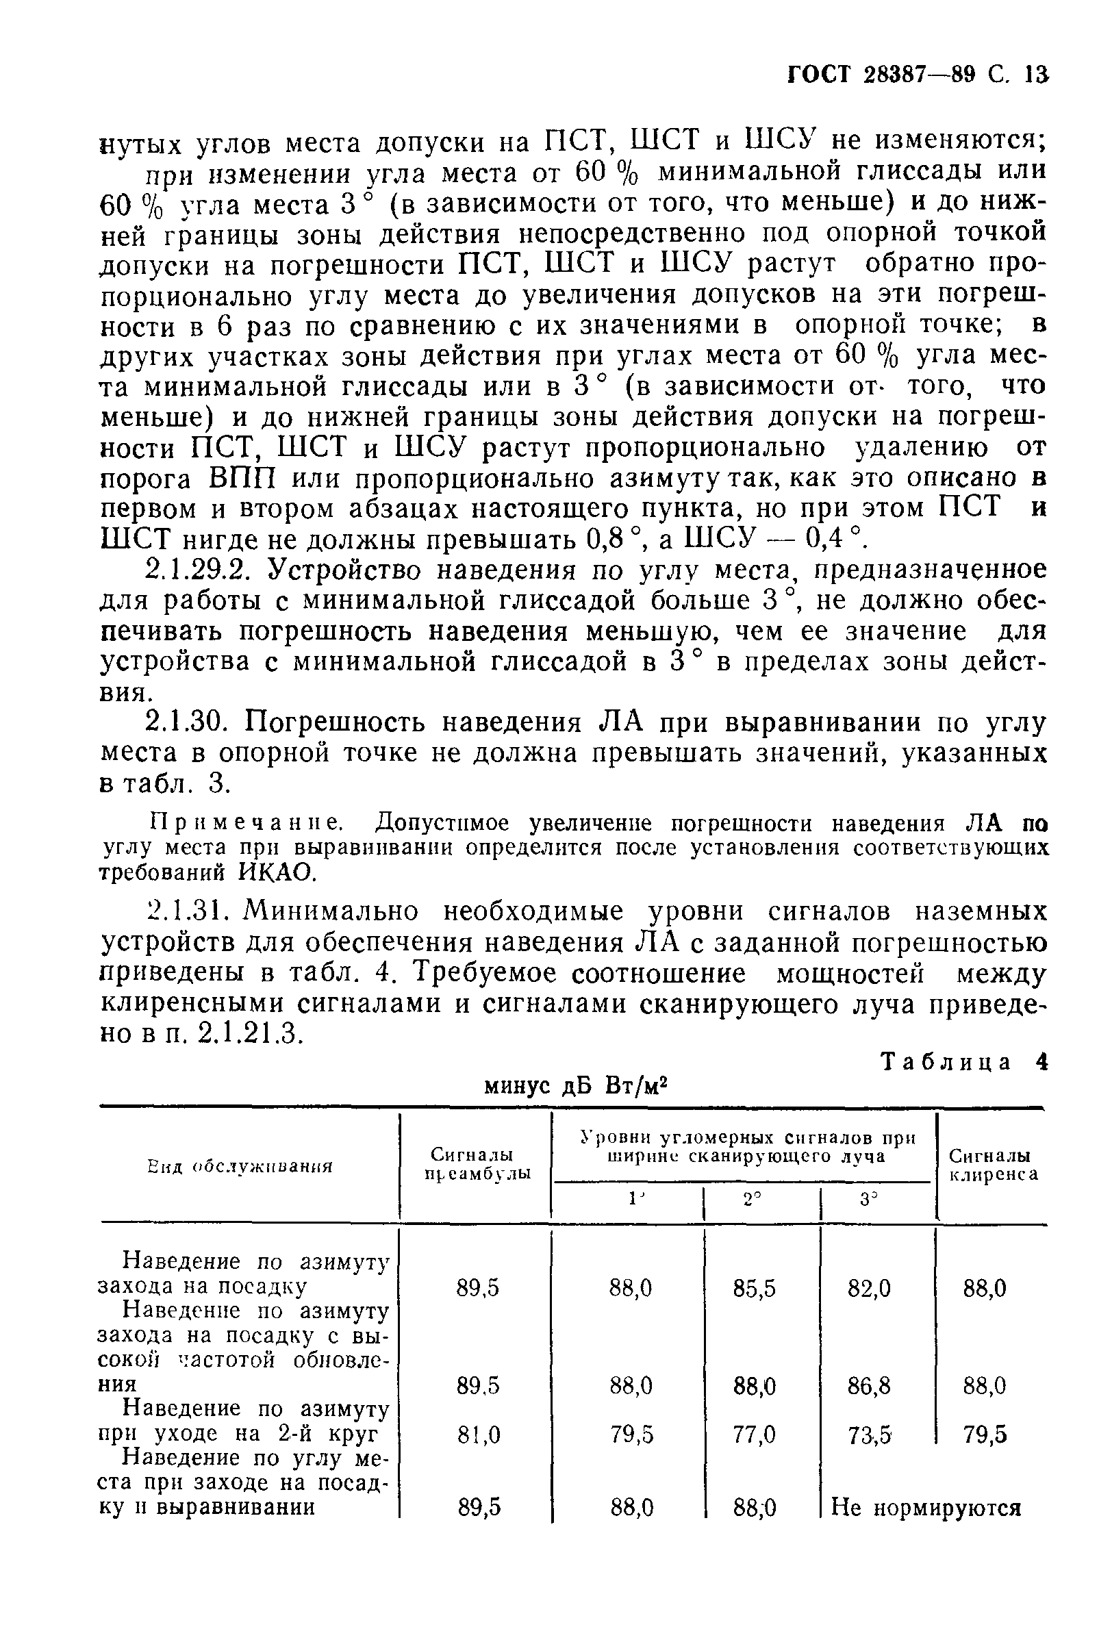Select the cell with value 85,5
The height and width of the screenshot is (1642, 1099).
click(754, 1288)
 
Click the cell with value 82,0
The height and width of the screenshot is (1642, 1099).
click(869, 1288)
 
